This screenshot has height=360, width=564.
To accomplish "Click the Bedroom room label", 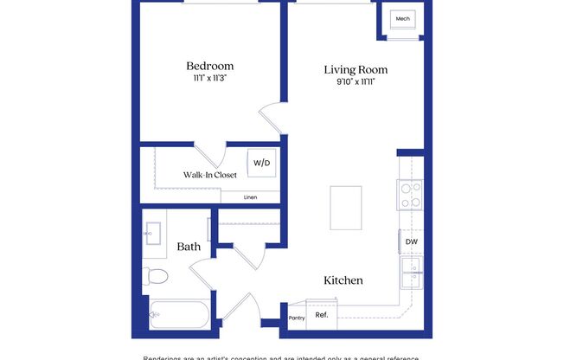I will pos(210,66).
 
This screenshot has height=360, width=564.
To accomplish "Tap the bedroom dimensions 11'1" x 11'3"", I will pos(210,79).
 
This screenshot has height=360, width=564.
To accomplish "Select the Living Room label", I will pos(356,69).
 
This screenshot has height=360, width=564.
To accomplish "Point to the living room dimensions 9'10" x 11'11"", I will pos(356,82).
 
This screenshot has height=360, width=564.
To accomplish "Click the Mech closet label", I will pos(402,19).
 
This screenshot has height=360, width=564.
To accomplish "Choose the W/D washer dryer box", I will pos(262,162).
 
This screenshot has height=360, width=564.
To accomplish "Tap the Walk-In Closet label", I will pos(209,175).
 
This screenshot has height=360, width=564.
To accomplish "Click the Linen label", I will pos(250,196).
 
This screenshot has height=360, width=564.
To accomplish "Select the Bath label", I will pos(189,247).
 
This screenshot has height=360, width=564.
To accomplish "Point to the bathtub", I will pos(179,314).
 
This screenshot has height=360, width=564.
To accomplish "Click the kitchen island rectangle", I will pos(346,207).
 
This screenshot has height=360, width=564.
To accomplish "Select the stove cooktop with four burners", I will pos(409,195).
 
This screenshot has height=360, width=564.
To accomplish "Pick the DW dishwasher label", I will pos(411,241).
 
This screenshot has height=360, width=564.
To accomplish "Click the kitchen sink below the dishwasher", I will pos(410,272).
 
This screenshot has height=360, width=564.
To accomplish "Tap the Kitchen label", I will pos(343,280).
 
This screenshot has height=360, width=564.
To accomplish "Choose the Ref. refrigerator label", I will pos(321,315).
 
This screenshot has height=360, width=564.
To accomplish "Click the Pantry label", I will pos(296,318).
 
